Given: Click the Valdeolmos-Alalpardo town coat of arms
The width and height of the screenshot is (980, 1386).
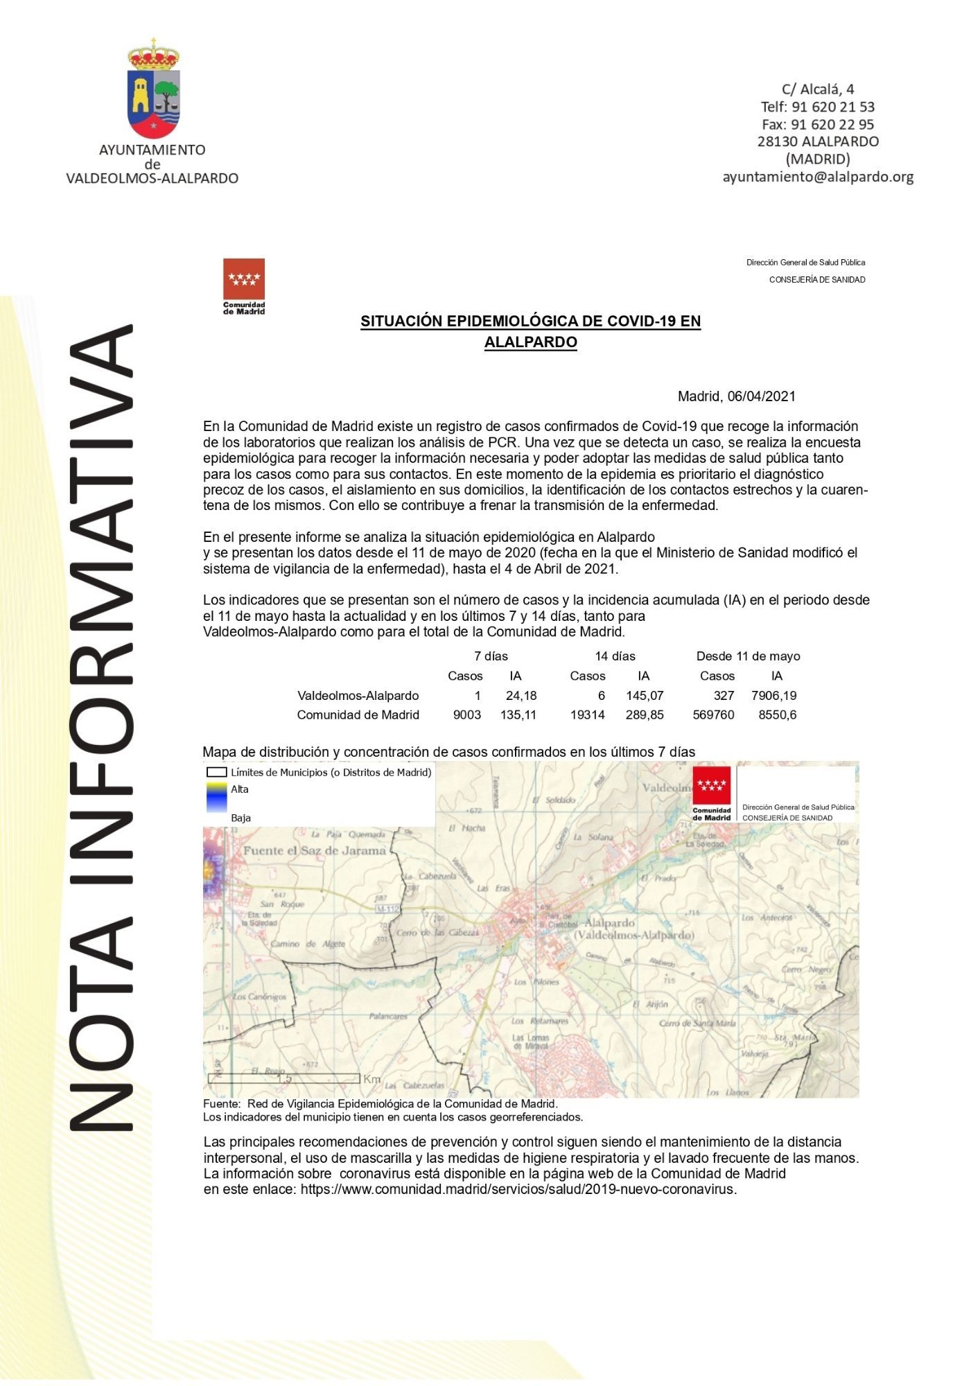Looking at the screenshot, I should [153, 89].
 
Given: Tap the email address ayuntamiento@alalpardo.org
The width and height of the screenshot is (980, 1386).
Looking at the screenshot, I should [818, 177].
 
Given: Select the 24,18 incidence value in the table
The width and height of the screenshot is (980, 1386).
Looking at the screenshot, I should [521, 695].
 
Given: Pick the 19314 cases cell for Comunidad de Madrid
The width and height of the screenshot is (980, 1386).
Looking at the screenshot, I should [587, 714].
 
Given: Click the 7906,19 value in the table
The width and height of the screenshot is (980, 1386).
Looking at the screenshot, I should [773, 695].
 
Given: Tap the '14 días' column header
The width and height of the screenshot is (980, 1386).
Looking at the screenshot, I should [615, 656].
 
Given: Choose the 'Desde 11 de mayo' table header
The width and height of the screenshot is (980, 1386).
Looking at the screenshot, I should [748, 656].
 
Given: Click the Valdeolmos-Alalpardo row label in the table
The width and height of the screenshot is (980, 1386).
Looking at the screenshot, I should [358, 695].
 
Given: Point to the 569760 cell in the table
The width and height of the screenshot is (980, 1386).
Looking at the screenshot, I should [713, 714].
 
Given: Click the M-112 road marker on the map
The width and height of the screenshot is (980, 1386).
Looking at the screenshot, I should [388, 909].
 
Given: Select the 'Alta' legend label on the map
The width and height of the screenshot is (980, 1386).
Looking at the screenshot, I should [240, 789].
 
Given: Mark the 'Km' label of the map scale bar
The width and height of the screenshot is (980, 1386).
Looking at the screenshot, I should [372, 1079].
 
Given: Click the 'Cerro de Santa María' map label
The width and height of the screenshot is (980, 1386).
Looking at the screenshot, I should [698, 1023].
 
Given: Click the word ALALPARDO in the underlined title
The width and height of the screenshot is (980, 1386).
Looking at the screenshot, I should [530, 342].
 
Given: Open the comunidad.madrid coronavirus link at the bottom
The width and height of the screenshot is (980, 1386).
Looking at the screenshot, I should [518, 1189].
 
